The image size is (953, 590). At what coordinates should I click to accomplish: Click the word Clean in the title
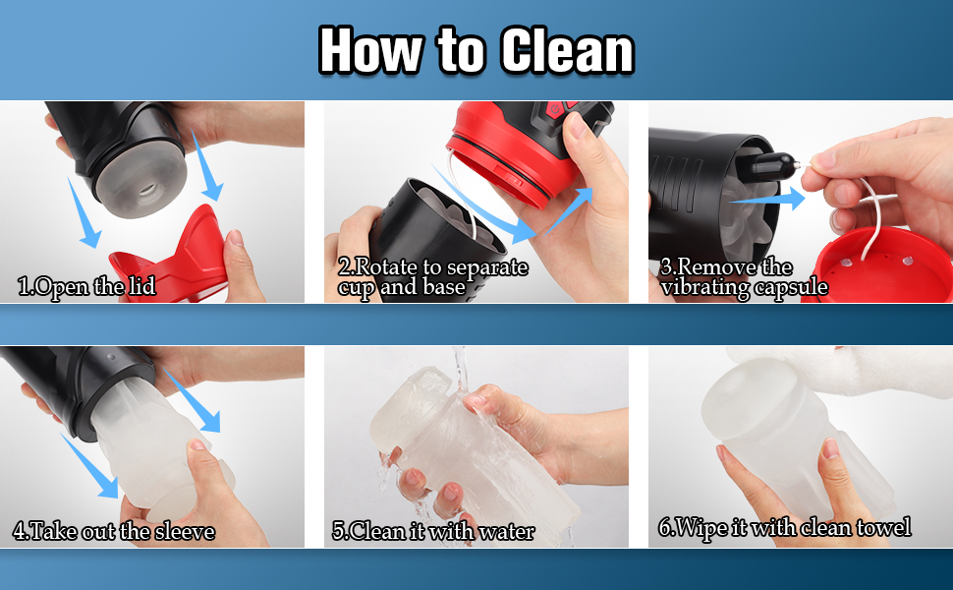coord(568,50)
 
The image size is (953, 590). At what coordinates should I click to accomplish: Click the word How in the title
coord(370,50)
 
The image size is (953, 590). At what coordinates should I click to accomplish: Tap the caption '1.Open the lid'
coord(86,286)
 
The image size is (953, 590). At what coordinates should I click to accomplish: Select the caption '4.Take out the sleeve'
coord(114,531)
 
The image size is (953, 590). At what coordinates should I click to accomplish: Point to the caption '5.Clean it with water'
coord(433,531)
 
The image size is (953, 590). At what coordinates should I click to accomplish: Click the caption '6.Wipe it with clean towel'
coord(785,527)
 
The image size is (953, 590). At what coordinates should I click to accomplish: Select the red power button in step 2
coord(554,109)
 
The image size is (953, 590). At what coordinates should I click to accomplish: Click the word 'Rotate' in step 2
coord(387,266)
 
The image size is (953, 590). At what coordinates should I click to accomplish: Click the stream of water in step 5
coord(461,371)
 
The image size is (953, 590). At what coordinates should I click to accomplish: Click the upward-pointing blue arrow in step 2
coord(569,210)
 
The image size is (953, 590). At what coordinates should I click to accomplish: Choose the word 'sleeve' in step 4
coord(185,531)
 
